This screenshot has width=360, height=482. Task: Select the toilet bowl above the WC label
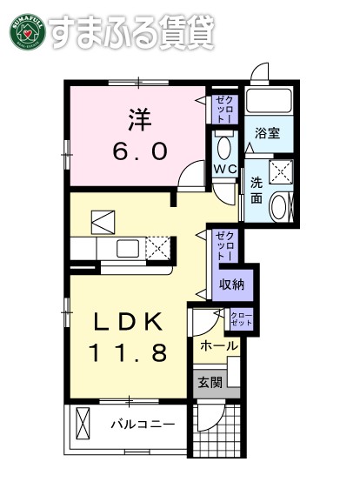[x=223, y=145]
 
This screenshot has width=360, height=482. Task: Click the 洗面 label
[x=257, y=191]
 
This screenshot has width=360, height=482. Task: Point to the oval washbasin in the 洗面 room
[x=281, y=207]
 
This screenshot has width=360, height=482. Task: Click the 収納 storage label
[x=230, y=284]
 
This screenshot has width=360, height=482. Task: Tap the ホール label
[x=218, y=345]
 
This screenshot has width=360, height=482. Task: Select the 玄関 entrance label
[x=210, y=383]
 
